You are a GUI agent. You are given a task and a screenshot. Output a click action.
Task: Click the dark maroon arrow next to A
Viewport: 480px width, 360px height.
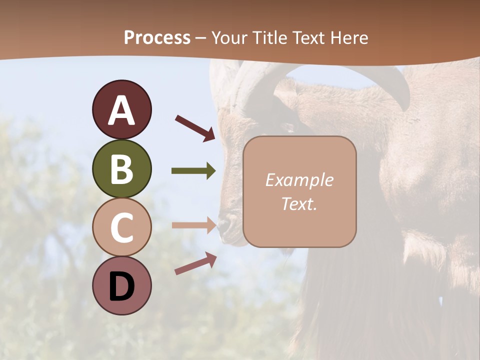[195, 127]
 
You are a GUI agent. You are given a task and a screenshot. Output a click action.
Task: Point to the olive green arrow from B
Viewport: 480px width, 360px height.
[193, 171]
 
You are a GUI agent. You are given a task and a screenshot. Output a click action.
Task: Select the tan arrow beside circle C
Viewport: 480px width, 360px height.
[193, 225]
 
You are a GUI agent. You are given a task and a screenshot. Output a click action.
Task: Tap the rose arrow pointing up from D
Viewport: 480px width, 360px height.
[195, 263]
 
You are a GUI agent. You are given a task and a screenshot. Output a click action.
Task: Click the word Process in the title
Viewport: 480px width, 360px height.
[157, 38]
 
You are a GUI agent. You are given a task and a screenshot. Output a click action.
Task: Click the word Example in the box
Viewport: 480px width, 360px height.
[299, 180]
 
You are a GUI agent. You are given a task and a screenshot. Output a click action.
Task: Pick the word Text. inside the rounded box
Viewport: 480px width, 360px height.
[299, 204]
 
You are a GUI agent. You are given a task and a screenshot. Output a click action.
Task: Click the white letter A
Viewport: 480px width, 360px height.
[121, 110]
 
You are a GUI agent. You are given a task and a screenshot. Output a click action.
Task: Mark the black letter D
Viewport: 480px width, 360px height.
[121, 286]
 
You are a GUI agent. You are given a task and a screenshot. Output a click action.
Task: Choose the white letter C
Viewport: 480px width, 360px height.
[121, 227]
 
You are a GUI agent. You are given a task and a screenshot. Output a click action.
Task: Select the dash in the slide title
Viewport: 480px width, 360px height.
[201, 38]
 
